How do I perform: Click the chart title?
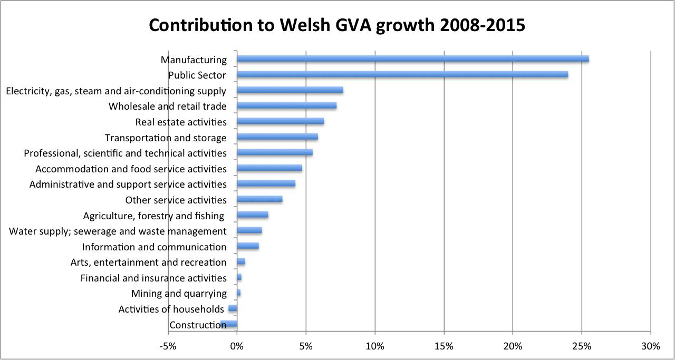[337, 25]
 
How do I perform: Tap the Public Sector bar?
[402, 74]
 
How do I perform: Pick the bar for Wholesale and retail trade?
[286, 105]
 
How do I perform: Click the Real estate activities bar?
[280, 121]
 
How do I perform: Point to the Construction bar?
[229, 324]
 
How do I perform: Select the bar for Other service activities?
[259, 199]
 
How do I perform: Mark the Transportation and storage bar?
[277, 137]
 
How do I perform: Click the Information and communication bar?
[248, 246]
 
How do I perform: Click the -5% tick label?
[168, 346]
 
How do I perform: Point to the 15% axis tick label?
[444, 346]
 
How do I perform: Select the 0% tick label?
[237, 346]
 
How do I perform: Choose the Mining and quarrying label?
[179, 294]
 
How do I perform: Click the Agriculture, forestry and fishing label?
[154, 216]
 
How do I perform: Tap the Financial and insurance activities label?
[153, 278]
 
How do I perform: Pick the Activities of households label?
[171, 309]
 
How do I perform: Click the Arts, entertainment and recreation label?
[148, 262]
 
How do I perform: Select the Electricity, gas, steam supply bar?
[290, 90]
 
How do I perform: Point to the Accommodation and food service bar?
[269, 168]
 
